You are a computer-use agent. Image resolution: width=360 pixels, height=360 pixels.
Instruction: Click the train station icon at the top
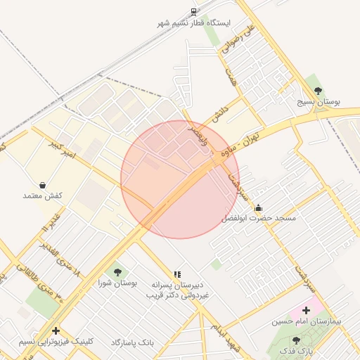click(x=194, y=12)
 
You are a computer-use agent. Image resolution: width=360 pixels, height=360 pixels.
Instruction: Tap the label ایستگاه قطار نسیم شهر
click(x=194, y=23)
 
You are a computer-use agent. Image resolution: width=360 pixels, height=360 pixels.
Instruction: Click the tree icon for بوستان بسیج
click(x=319, y=90)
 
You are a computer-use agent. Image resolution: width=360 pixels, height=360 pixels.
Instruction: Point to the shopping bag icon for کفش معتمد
click(x=44, y=185)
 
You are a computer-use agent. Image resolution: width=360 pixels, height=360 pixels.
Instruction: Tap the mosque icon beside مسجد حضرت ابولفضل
click(x=258, y=207)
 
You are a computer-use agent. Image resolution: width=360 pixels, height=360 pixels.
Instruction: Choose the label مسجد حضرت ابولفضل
click(x=259, y=219)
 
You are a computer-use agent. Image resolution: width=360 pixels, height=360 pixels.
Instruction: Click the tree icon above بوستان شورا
click(x=117, y=272)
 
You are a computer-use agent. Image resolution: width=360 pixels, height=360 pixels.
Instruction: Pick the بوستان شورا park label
click(x=118, y=283)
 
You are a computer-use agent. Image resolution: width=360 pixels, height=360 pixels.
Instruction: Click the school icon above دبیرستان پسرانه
click(x=177, y=274)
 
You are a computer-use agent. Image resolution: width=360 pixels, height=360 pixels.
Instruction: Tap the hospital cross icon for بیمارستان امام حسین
click(x=306, y=310)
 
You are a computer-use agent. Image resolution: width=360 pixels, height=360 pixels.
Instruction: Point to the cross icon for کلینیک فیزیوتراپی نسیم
click(x=56, y=330)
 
